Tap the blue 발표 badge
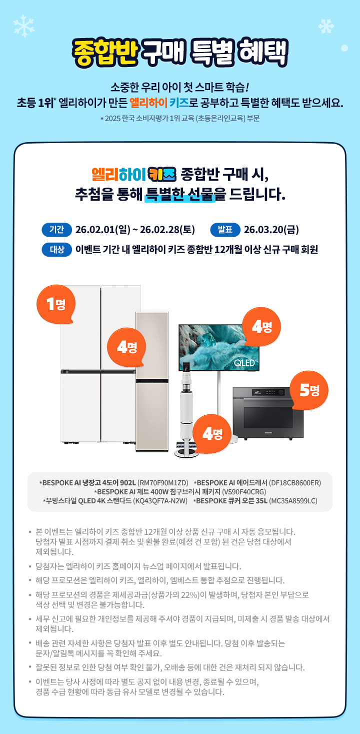click(225, 230)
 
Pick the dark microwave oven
click(261, 413)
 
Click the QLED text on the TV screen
click(244, 363)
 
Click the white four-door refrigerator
click(100, 365)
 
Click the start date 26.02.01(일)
click(102, 230)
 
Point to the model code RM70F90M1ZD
click(162, 483)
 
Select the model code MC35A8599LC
click(293, 501)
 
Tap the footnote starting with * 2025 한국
click(179, 119)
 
